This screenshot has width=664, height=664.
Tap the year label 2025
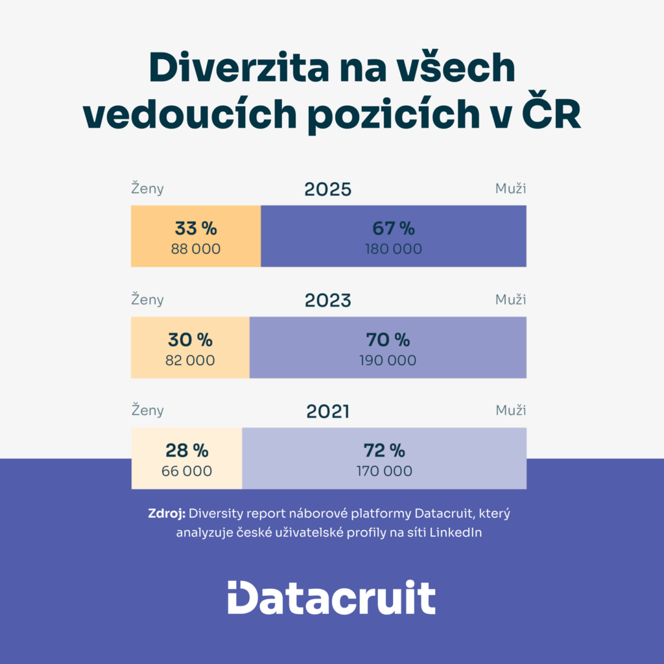click(328, 189)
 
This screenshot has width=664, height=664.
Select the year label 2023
click(328, 300)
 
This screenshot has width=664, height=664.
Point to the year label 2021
click(328, 411)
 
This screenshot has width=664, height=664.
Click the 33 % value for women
click(196, 228)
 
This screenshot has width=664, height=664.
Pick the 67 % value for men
click(394, 228)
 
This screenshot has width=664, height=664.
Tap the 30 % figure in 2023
click(190, 340)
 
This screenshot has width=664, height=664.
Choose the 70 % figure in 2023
click(388, 340)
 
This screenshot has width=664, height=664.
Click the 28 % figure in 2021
click(187, 451)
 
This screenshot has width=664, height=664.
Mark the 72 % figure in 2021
click(385, 451)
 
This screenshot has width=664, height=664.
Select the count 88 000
click(196, 249)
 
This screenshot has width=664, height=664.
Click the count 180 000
click(394, 249)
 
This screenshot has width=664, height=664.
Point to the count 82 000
click(190, 361)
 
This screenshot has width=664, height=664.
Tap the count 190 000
click(388, 361)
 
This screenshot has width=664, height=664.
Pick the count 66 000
click(187, 471)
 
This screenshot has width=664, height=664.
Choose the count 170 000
click(385, 471)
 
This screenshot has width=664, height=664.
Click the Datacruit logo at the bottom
click(331, 597)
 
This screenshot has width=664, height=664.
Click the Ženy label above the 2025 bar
click(148, 189)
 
